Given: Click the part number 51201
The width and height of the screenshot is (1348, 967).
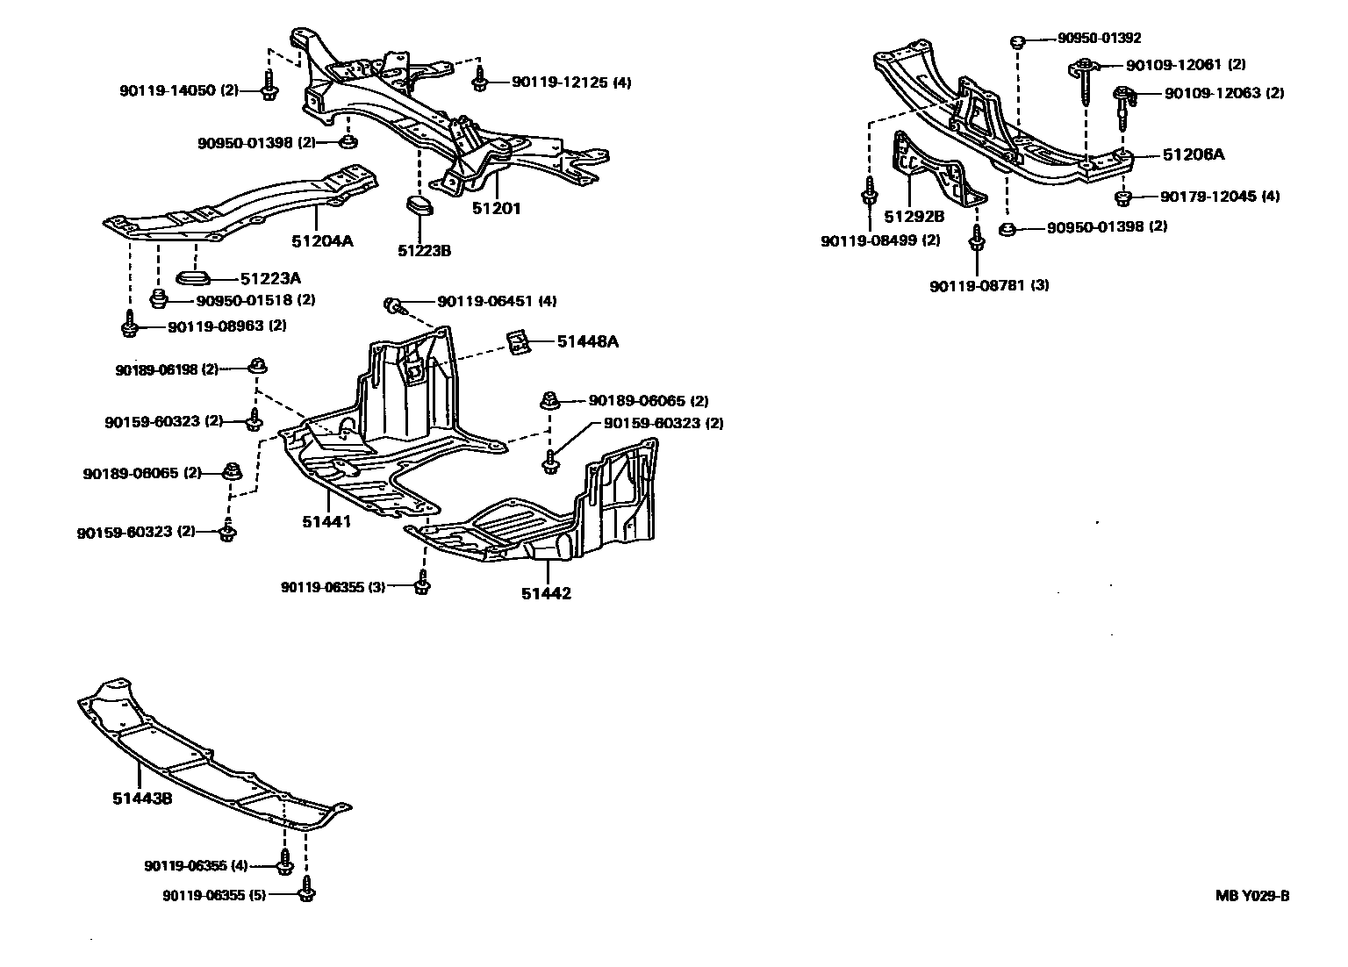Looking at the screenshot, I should coord(496,208).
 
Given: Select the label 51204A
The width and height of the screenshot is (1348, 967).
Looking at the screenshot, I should coord(322,240).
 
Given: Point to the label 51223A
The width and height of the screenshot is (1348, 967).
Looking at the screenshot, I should coord(270,278).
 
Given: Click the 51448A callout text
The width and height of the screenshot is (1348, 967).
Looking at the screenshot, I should coord(587,341).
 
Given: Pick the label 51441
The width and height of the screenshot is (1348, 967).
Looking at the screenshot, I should coord(326,522).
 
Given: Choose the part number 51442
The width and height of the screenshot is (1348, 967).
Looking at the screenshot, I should coord(546,593).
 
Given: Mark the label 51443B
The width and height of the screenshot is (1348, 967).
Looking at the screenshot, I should coord(141,799).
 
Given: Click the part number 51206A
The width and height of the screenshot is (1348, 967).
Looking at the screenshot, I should coord(1194,154).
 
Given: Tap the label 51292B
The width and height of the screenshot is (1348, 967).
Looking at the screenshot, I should coord(914,217).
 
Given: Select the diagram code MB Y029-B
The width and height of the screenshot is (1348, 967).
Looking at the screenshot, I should coord(1252,896).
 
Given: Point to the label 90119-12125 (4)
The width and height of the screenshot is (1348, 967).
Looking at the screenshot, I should coord(571,82).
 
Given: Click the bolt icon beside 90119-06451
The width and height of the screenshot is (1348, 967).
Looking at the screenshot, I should coord(393,305).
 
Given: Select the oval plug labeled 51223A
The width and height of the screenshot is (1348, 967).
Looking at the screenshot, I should coord(192,278).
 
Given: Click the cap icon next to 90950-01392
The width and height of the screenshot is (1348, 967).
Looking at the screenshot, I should coord(1018,40).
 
